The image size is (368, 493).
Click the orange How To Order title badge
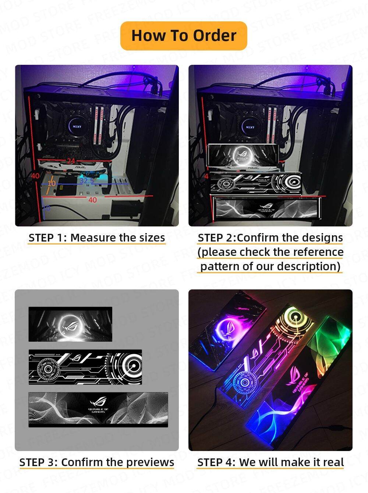[184, 36]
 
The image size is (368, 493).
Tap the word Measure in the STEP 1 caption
[93, 237]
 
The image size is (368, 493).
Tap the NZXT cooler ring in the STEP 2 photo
[250, 127]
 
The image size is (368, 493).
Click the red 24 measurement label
[71, 161]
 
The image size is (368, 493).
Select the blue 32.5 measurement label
[87, 181]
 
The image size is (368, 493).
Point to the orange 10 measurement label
[52, 183]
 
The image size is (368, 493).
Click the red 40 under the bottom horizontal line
[92, 200]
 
